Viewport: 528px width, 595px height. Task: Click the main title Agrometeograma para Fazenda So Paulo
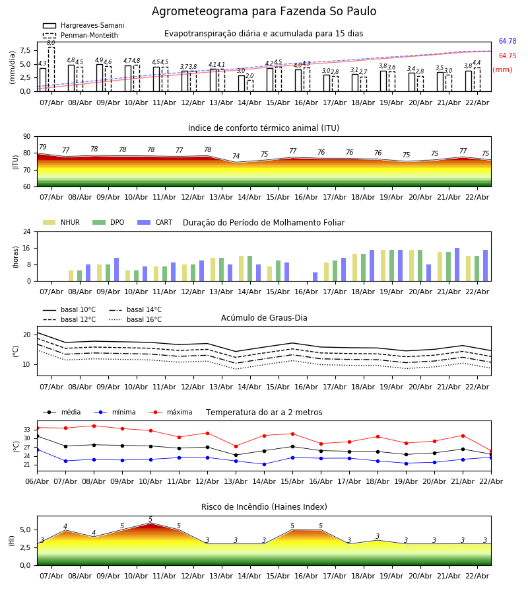(x=264, y=12)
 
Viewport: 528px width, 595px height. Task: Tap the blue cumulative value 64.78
(x=508, y=42)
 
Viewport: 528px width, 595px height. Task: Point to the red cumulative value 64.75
(x=508, y=56)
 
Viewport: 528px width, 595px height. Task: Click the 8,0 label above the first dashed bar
(x=51, y=43)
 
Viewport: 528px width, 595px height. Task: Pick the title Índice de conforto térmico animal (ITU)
(x=263, y=128)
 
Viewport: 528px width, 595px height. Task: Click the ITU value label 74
(x=236, y=157)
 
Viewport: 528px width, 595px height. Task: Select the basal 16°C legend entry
(x=144, y=320)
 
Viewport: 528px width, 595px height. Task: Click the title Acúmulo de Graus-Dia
(x=264, y=318)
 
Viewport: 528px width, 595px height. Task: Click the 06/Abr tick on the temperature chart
(x=37, y=482)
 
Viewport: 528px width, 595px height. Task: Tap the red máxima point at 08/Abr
(x=94, y=426)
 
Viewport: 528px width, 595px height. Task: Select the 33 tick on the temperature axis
(x=28, y=430)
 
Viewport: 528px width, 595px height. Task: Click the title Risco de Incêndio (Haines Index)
(x=264, y=507)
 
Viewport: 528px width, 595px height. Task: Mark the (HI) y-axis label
(x=13, y=541)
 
